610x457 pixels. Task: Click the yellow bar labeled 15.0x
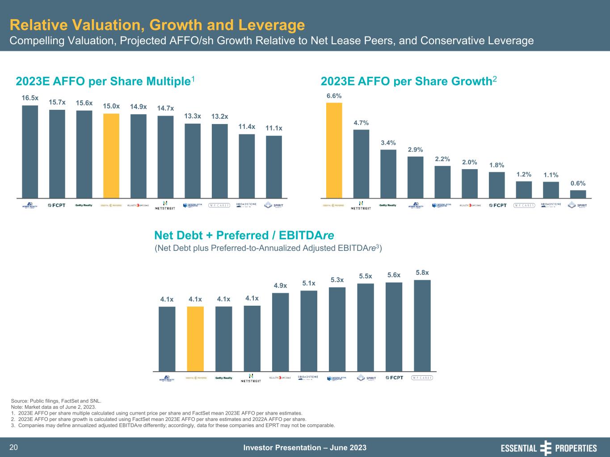[x=111, y=155]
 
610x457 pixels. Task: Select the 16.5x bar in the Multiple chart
[x=30, y=151]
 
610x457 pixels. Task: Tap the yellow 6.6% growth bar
[x=334, y=150]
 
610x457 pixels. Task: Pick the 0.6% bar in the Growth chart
[x=578, y=194]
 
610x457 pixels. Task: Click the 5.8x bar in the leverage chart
[x=422, y=325]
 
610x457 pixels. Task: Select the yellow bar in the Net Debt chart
[x=195, y=339]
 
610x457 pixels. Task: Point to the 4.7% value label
[x=361, y=123]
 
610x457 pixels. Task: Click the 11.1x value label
[x=274, y=129]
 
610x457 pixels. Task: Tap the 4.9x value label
[x=280, y=286]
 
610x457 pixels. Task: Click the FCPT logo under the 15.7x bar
[x=57, y=205]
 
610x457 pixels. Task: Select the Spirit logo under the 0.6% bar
[x=578, y=205]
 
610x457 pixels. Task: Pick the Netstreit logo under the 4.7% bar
[x=361, y=205]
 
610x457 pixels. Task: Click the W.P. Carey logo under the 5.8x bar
[x=422, y=378]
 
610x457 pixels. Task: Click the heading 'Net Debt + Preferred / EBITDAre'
[x=244, y=235]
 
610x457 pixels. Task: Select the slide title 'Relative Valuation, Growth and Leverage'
[x=157, y=25]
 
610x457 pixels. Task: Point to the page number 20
[x=14, y=448]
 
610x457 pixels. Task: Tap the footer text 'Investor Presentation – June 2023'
[x=305, y=448]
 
